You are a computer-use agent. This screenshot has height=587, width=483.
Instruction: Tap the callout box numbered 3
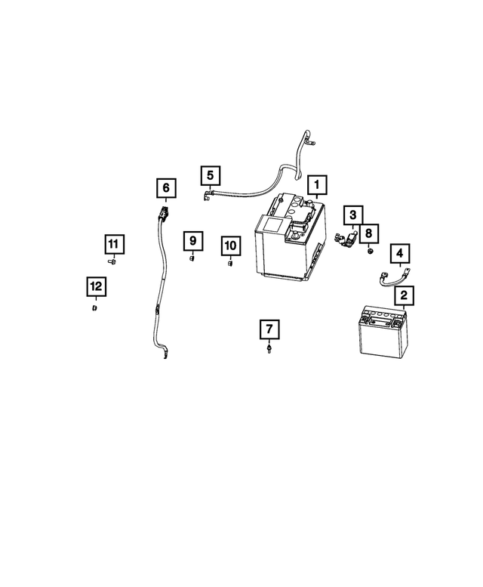[352, 216]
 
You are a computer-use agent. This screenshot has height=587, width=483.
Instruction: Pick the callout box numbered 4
[399, 253]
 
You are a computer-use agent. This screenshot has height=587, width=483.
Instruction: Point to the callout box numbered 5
[211, 176]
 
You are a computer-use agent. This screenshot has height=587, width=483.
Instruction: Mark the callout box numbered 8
[370, 233]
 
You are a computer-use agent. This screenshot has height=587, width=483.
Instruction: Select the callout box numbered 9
[192, 241]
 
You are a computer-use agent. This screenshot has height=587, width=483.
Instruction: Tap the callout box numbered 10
[230, 246]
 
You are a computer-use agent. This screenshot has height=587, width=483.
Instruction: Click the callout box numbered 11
[112, 244]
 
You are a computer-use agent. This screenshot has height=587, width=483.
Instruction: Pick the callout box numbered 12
[95, 286]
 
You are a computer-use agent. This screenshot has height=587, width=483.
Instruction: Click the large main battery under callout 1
[291, 242]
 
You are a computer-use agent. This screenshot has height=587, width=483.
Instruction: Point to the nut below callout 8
[370, 250]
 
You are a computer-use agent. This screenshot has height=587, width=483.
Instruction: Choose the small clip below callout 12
[95, 308]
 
